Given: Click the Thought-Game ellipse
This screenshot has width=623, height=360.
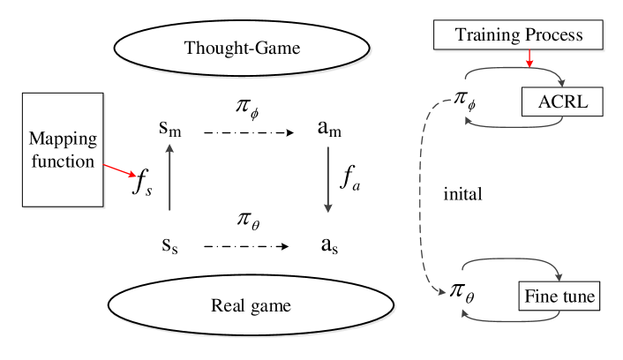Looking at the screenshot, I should point(241,48).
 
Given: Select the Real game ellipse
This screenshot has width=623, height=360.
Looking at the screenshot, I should point(251,306).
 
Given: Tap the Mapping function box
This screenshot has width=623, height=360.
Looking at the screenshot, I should point(63,150).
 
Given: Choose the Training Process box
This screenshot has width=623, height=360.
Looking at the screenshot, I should point(518,35).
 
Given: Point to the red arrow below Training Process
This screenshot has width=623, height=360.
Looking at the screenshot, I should point(529,58).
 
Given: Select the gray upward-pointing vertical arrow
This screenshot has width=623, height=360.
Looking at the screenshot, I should point(169,176).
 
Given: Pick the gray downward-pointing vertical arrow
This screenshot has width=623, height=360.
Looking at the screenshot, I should point(328,179).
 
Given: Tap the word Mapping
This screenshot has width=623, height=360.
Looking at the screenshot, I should point(63,139).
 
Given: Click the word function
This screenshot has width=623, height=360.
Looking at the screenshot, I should point(63,161).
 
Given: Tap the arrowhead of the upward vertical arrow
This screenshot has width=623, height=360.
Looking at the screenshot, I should point(169,146).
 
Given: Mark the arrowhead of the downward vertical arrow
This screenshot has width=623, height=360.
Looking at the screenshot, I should point(328,208).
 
